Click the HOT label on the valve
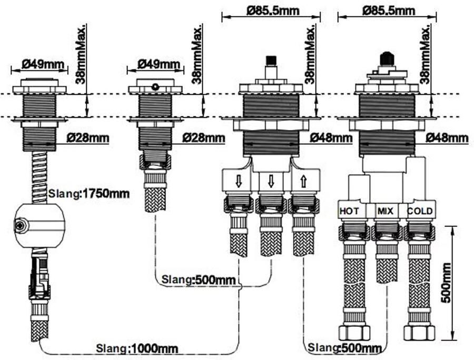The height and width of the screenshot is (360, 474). point(350,211)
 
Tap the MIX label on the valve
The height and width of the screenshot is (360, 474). point(386,211)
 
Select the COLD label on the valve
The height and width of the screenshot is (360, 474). point(420,211)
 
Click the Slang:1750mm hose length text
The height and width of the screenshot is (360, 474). point(89,194)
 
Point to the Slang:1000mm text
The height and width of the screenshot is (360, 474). point(137,348)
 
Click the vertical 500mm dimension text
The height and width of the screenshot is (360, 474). point(446,282)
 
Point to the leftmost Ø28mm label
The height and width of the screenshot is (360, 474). point(88,138)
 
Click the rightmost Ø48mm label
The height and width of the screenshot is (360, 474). point(447,138)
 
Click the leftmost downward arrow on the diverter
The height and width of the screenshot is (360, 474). point(239,182)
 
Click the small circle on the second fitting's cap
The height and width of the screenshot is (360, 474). point(155,86)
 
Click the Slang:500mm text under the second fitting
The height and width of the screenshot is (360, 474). point(199,279)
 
